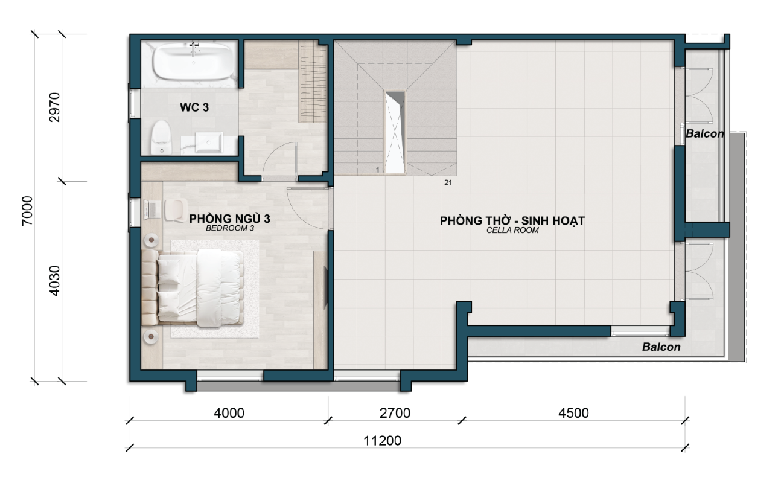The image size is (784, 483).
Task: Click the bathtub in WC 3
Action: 194,62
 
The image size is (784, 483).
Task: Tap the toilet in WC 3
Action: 161,138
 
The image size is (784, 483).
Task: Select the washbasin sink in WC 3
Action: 209,142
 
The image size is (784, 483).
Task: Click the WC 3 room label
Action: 194,107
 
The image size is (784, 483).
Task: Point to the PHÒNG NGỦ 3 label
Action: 229,219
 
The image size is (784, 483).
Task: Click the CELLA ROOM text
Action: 512,230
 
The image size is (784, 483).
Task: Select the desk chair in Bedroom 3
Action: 176,210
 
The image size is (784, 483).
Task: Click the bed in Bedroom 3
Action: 193,288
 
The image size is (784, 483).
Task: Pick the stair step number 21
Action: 448,182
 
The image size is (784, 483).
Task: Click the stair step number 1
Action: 378,170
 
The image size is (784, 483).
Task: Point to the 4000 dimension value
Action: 229,414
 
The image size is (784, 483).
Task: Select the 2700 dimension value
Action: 395,414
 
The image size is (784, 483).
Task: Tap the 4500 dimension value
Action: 573,414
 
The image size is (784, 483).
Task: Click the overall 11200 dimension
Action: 382,441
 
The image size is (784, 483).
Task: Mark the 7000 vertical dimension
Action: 27,211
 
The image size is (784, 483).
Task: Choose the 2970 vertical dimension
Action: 54,107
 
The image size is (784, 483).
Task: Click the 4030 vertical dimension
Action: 54,281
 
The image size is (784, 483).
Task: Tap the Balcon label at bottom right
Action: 661,347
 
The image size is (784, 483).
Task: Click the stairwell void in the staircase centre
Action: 395,132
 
